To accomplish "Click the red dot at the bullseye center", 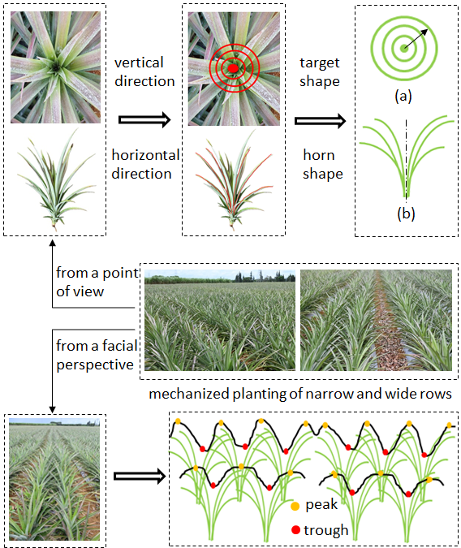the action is pos(233,68).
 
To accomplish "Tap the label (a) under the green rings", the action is pos(403,96).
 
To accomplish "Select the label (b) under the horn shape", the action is pos(406,214).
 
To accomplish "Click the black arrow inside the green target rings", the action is pos(416,38).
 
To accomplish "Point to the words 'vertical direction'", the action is pos(144,72).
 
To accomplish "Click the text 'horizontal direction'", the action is pos(145,164).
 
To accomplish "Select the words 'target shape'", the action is pos(320,72).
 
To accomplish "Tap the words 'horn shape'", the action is pos(322,164).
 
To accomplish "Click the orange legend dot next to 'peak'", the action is pos(295,506).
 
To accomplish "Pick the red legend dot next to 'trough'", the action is pos(295,530).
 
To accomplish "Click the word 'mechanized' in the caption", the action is pos(189,394).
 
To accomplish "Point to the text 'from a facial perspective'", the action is pos(97,355).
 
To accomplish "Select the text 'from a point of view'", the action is pos(97,282).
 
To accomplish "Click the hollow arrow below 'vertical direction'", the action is pos(144,120).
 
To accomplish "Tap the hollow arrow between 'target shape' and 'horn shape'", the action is pos(320,121).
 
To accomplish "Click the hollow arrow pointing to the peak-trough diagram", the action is pos(140,476).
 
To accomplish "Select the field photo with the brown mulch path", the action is pos(376,320).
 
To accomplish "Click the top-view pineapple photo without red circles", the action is pos(55,67).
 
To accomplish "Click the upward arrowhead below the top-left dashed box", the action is pos(53,244).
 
